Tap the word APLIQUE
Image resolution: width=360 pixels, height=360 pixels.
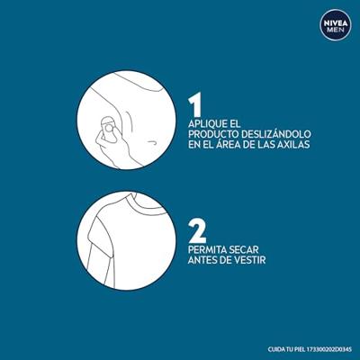[206, 121]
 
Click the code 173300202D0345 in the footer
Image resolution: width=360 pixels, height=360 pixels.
[325, 349]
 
